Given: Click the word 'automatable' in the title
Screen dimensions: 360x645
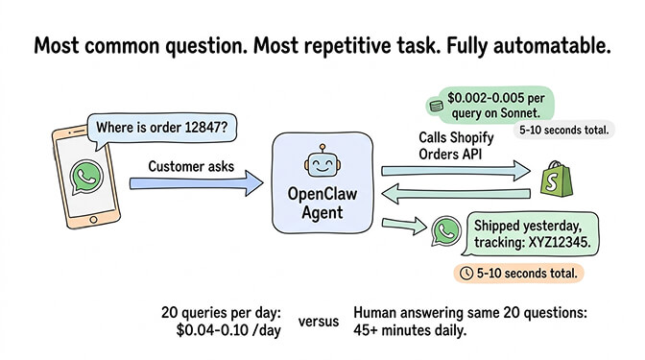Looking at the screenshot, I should (x=551, y=47).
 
